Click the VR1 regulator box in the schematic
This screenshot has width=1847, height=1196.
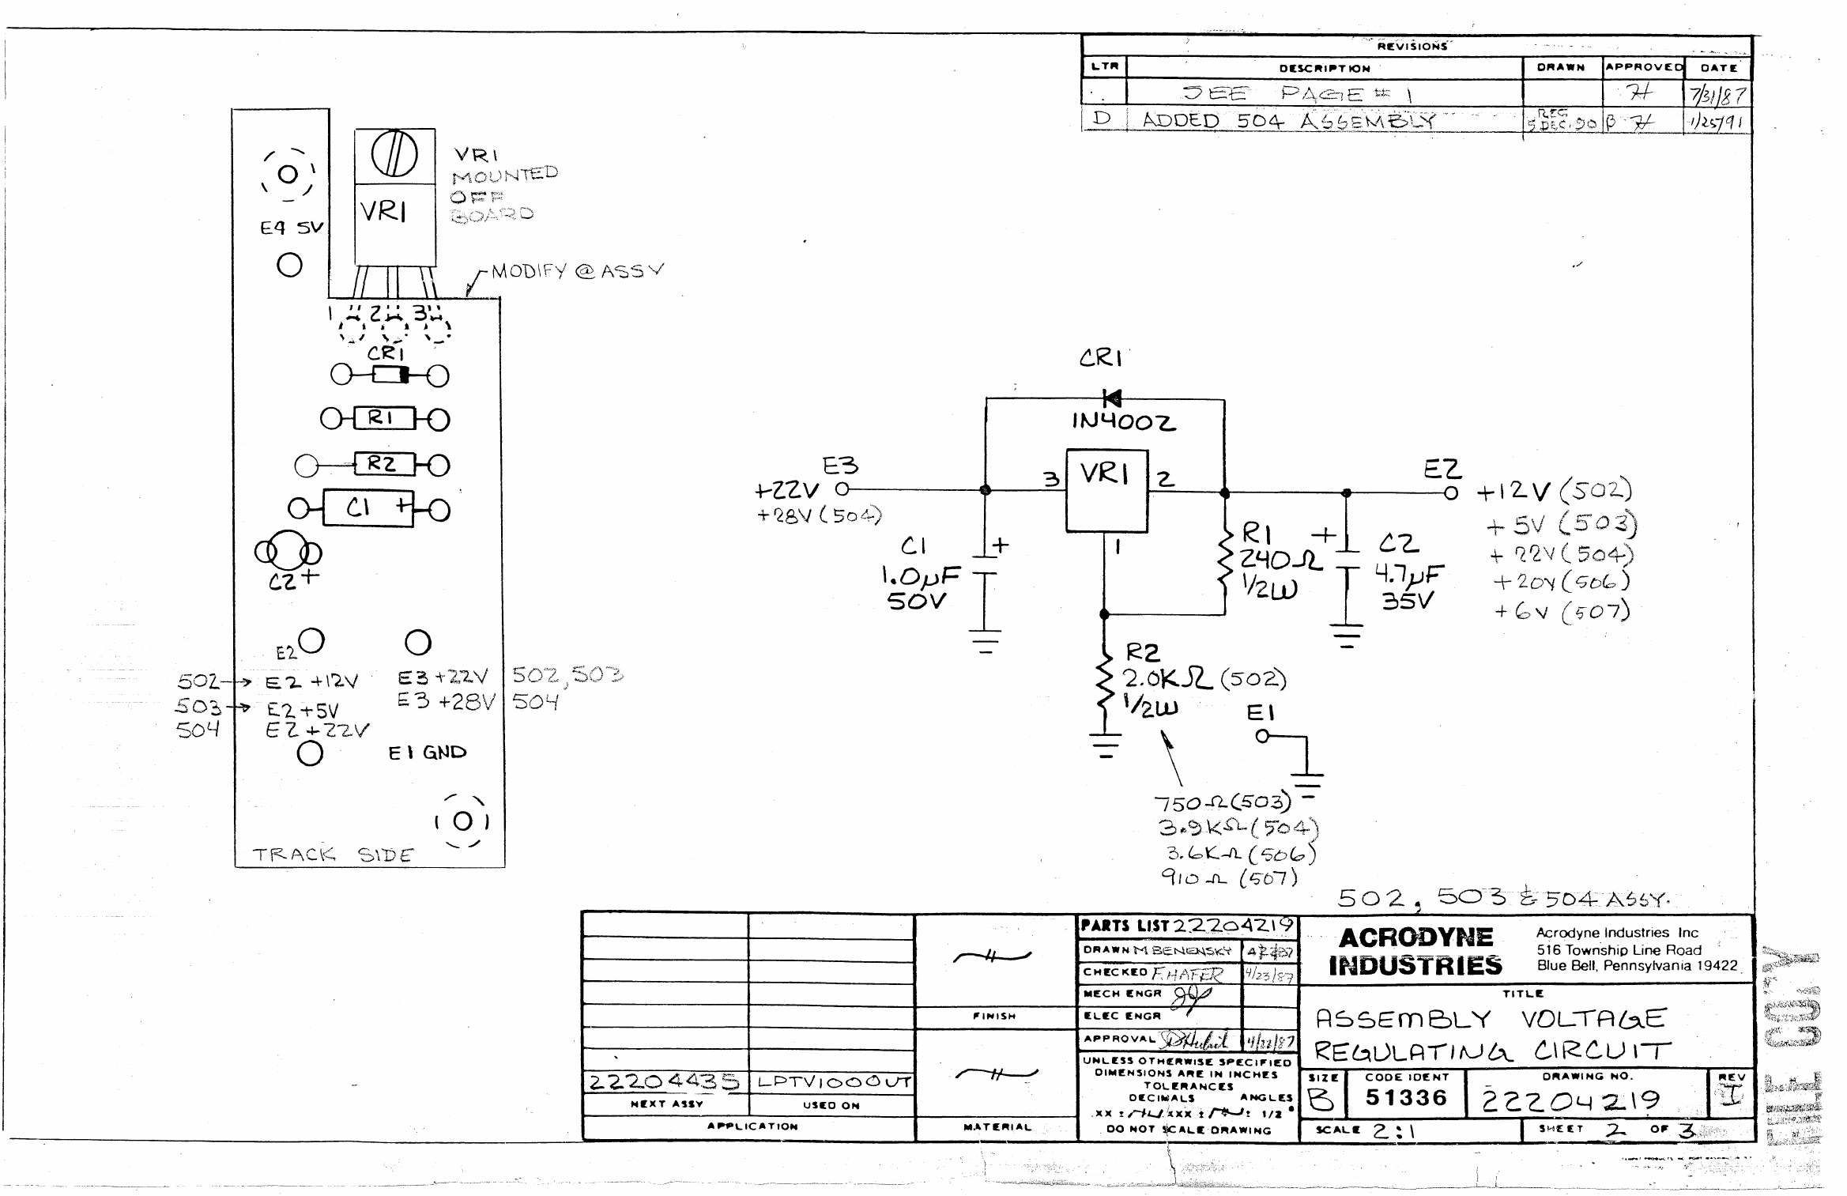1106,490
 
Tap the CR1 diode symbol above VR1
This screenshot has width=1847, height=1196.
1111,398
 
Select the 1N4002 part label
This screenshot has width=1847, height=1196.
1123,422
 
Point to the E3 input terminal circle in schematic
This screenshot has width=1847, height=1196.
842,489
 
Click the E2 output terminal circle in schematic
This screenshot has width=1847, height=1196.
1450,492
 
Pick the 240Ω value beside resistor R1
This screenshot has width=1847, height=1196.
1280,560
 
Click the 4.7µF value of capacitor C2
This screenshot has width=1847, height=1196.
1409,573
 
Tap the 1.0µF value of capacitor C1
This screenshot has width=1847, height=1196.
921,575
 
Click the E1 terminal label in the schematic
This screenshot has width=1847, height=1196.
1260,713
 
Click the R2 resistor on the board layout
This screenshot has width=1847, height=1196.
383,464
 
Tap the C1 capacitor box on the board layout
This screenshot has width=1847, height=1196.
368,508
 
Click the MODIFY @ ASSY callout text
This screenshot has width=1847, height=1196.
577,271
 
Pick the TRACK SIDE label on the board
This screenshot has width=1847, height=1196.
333,855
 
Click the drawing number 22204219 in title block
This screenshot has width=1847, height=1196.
1570,1100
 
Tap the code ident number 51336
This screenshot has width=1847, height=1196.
1406,1097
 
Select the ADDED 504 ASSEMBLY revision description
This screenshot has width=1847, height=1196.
1288,120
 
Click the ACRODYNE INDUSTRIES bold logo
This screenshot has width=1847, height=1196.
1415,951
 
